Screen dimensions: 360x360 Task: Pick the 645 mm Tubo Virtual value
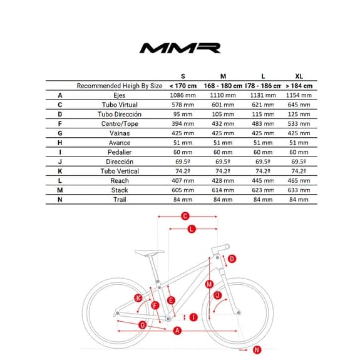[298, 105]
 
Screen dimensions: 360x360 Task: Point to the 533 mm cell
[298, 124]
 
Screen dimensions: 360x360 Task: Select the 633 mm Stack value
[298, 190]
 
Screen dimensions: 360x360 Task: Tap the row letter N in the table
[60, 199]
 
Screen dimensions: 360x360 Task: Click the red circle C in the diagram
[185, 217]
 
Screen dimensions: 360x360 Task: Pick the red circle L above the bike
[192, 229]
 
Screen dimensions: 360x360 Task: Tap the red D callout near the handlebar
[232, 259]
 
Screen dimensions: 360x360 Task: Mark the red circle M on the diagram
[209, 284]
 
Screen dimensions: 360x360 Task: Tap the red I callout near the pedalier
[193, 317]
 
